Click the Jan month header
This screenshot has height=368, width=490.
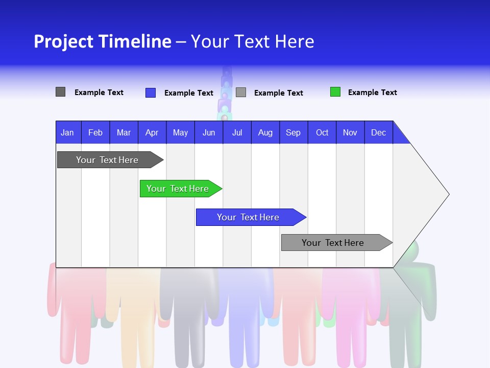pos(68,132)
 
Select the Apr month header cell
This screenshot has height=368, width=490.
pos(152,132)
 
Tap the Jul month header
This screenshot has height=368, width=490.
pos(237,132)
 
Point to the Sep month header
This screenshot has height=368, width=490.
pos(293,132)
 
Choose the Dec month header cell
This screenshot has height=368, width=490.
pos(378,132)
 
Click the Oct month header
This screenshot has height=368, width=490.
pos(322,132)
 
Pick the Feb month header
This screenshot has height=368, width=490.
pos(95,132)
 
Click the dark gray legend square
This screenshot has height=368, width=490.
pos(60,92)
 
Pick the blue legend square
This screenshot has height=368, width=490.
pos(150,93)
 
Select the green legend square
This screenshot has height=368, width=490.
pos(335,92)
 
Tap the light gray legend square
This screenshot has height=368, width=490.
pos(241,93)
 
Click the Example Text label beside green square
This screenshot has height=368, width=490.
pos(372,93)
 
